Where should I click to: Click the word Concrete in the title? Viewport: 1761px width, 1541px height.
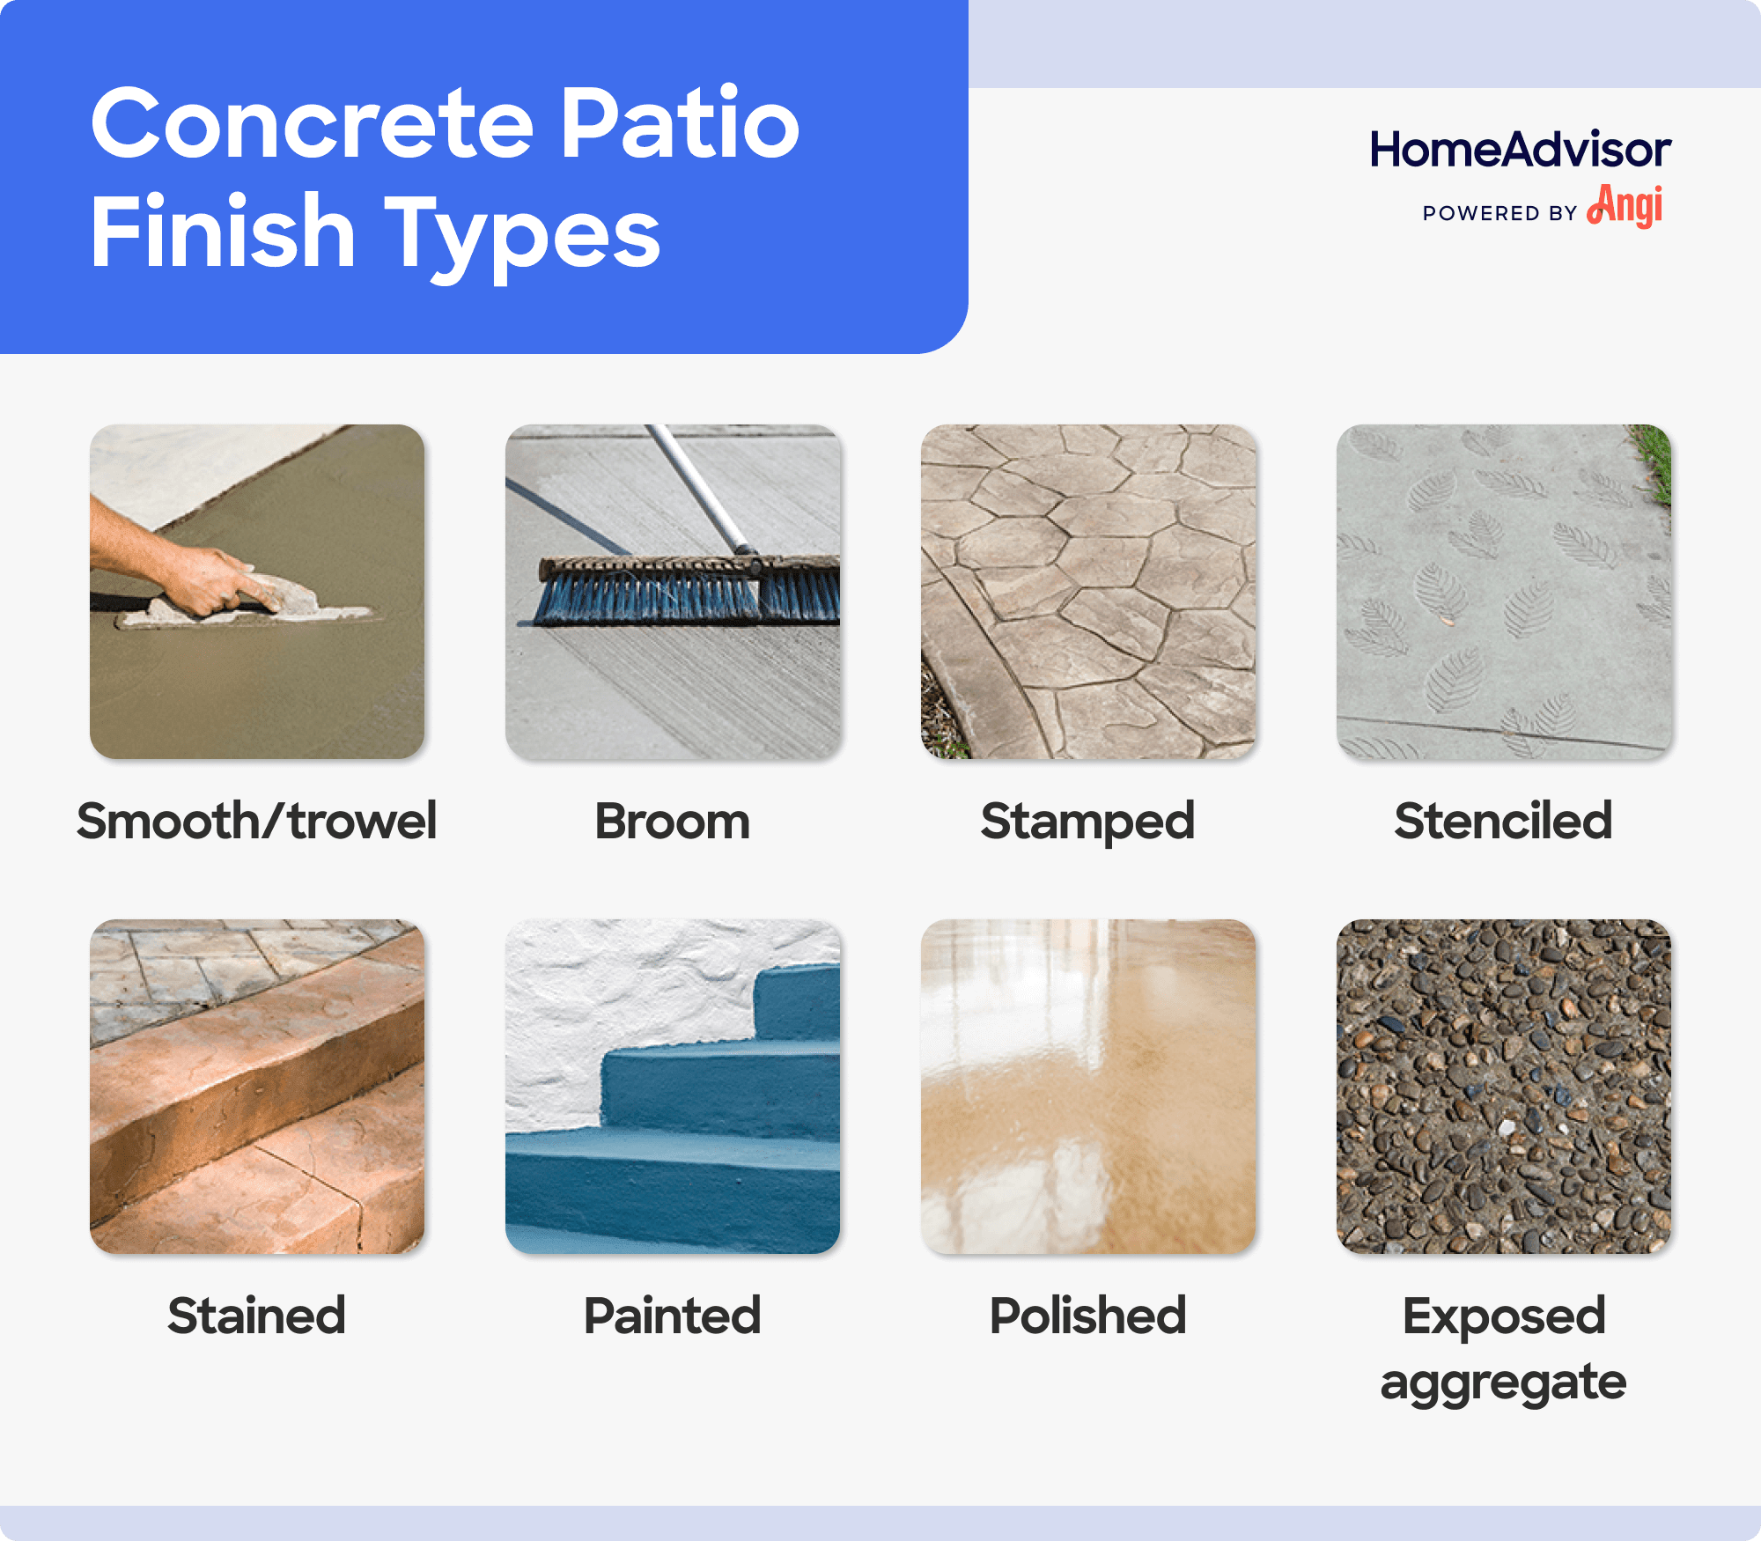(x=313, y=125)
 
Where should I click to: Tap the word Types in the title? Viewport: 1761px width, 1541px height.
(x=523, y=234)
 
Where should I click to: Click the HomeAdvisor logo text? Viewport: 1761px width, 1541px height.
(x=1520, y=150)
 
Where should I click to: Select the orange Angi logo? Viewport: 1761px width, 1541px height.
(x=1625, y=207)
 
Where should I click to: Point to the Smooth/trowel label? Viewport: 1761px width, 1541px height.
(x=256, y=821)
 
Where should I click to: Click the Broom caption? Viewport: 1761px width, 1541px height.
(x=672, y=821)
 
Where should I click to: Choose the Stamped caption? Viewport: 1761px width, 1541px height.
(x=1087, y=821)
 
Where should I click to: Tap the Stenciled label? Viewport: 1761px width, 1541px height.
(x=1503, y=821)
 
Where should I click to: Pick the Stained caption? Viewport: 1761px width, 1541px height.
(x=256, y=1316)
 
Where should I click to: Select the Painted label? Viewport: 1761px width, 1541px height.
(x=672, y=1316)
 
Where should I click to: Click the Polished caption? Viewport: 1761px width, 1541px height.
(x=1087, y=1316)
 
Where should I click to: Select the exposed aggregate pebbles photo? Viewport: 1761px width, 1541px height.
(x=1503, y=1087)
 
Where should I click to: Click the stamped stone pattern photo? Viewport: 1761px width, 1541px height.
(x=1087, y=592)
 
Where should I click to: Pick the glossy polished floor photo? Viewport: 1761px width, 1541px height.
(x=1087, y=1087)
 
